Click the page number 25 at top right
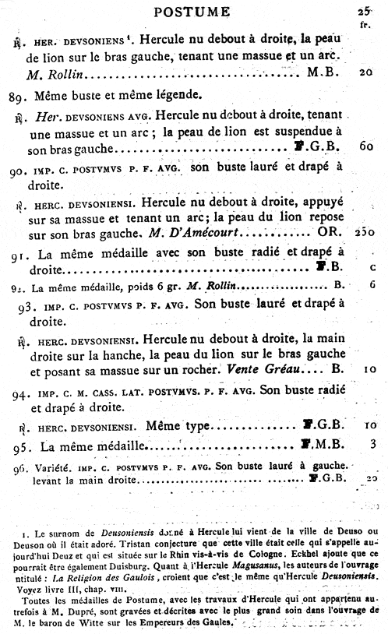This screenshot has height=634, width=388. point(363,10)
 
